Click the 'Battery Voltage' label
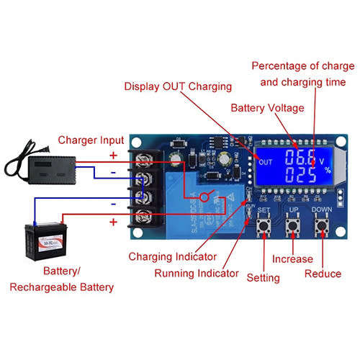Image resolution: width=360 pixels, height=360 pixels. (x=266, y=108)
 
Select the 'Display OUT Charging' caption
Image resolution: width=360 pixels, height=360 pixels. (x=178, y=86)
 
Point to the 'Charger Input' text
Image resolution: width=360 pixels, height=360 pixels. (x=91, y=140)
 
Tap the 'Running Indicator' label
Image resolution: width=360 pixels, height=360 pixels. (x=197, y=273)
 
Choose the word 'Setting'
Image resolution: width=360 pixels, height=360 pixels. (x=263, y=276)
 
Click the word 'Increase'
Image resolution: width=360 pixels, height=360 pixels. (x=292, y=258)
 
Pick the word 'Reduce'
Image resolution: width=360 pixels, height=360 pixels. (x=323, y=274)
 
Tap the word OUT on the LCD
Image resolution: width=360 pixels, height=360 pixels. (x=265, y=162)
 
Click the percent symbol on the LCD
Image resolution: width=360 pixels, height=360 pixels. (x=327, y=171)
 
